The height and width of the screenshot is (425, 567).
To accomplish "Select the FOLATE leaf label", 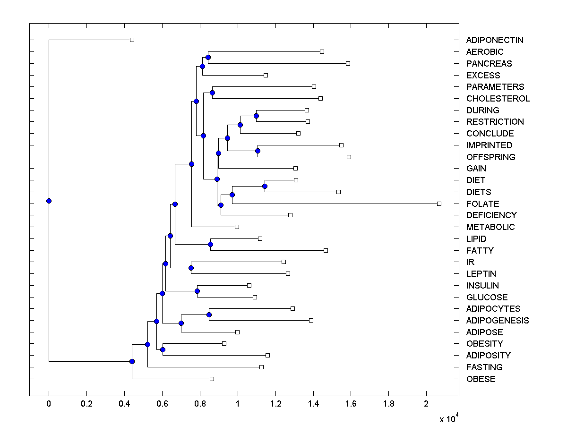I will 482,204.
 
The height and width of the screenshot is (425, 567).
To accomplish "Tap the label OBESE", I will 481,379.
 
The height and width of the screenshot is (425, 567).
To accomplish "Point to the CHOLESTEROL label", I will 498,99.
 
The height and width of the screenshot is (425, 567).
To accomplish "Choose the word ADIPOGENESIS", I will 497,321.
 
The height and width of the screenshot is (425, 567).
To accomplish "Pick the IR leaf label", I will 470,262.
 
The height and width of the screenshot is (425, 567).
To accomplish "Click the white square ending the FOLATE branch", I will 439,204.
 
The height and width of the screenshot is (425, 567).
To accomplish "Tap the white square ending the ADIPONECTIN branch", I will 132,40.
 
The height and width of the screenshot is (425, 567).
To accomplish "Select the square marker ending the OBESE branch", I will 212,379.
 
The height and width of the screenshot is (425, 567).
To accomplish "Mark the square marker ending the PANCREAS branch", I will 348,63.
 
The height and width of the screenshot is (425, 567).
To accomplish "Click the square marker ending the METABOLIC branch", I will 237,227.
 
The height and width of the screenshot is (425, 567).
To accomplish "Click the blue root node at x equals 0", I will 49,201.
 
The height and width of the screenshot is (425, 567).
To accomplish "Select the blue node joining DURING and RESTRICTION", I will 256,116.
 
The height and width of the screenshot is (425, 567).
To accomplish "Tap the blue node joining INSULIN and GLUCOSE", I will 197,291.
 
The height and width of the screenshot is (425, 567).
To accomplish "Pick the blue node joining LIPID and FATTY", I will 210,244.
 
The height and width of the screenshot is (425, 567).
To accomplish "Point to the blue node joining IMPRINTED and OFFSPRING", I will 258,151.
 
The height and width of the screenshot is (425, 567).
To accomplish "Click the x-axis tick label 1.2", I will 275,405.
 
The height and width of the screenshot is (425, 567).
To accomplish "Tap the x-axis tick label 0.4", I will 124,405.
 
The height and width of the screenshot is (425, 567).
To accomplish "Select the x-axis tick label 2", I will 427,405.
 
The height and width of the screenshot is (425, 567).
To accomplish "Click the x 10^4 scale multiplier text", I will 449,419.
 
